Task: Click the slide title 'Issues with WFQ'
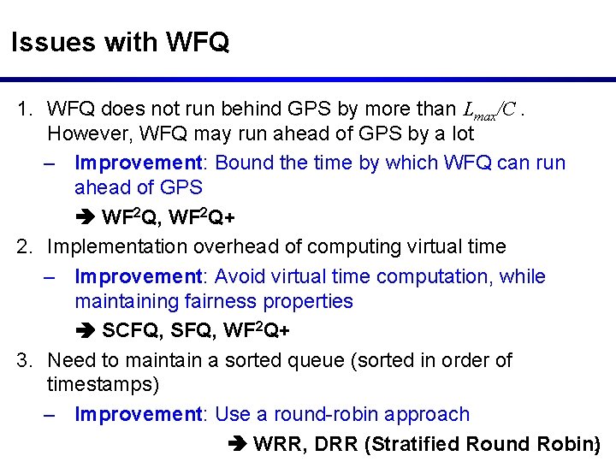click(x=120, y=42)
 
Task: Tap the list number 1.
click(x=26, y=110)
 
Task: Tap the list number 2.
click(x=26, y=247)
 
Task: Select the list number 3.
click(x=26, y=360)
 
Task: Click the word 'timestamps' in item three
click(x=104, y=385)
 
